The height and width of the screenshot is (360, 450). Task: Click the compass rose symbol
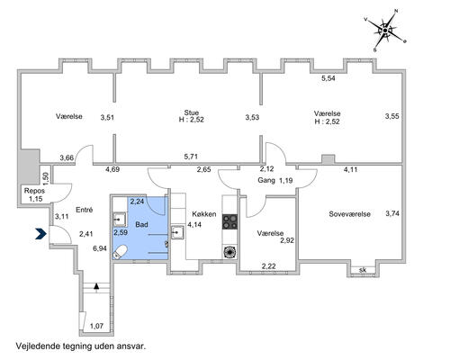(385, 31)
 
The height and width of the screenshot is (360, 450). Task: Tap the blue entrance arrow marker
(40, 234)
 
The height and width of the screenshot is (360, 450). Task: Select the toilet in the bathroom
(120, 252)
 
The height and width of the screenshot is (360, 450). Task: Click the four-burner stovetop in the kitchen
(229, 221)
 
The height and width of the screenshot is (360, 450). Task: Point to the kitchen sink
(177, 232)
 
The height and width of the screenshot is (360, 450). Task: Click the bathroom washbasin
(120, 220)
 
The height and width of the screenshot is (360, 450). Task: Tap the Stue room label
(192, 112)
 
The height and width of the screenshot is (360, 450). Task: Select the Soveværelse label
(349, 214)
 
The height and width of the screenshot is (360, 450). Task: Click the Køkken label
(204, 214)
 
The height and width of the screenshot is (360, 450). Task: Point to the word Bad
(141, 224)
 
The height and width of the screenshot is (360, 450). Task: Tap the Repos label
(34, 191)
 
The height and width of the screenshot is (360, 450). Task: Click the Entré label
(85, 210)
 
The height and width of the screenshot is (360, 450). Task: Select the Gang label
(266, 180)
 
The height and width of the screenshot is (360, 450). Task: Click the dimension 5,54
(328, 78)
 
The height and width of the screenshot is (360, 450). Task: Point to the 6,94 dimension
(100, 248)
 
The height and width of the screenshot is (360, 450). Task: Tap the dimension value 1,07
(96, 326)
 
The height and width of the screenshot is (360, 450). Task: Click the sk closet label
(363, 270)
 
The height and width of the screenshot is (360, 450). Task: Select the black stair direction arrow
(96, 286)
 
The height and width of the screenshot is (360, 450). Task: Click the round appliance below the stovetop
(229, 252)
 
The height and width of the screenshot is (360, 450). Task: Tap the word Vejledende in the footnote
(39, 346)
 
